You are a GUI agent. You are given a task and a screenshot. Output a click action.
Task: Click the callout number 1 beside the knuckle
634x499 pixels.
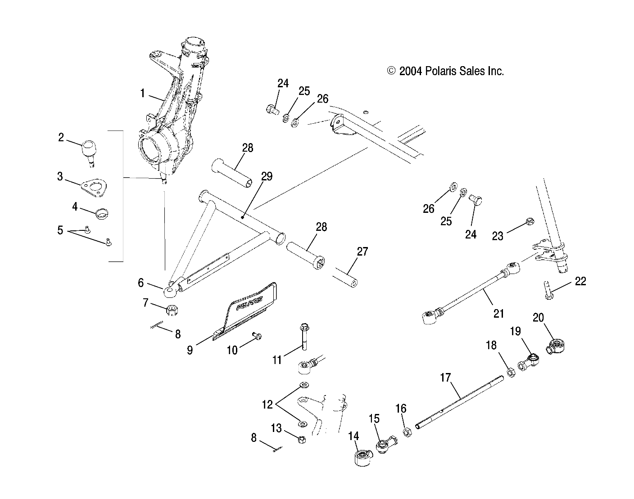[142, 94]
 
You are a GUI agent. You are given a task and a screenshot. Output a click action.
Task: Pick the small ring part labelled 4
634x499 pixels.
[102, 214]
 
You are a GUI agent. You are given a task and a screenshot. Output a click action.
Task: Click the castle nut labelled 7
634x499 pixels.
[171, 310]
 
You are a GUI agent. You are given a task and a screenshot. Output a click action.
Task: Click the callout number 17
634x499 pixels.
[445, 378]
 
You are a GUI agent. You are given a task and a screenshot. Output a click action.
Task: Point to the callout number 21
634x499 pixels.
[498, 313]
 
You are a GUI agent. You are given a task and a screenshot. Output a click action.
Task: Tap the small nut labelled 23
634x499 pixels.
[530, 221]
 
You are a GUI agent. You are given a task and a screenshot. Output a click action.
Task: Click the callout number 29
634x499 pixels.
[267, 176]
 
